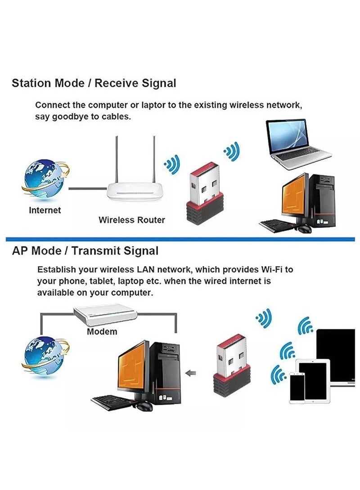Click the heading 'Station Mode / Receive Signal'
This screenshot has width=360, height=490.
pos(94,83)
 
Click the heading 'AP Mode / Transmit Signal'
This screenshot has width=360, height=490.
pos(85,251)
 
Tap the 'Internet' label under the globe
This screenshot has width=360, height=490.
pos(45,210)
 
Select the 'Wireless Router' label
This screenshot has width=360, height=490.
pos(131,220)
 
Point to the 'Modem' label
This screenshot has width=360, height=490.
pos(102,332)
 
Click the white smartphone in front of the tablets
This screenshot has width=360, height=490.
pos(297,388)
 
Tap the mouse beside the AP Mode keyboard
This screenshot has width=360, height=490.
pos(145,406)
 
